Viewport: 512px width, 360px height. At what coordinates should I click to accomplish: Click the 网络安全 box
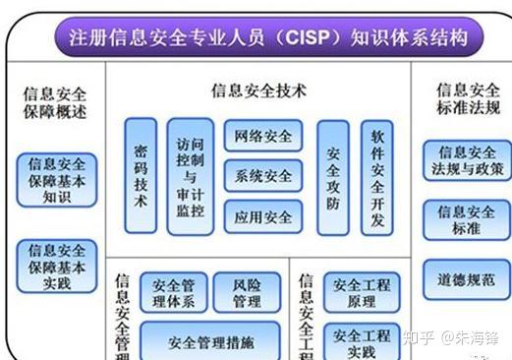click(x=263, y=136)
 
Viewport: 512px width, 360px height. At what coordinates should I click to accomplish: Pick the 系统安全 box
click(x=263, y=176)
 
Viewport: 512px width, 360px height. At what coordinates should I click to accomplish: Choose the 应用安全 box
click(x=263, y=216)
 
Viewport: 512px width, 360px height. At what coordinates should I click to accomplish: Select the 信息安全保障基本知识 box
click(x=57, y=179)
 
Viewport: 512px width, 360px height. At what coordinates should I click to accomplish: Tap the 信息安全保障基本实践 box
click(x=57, y=266)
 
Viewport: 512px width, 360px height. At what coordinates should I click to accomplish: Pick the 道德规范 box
click(x=467, y=278)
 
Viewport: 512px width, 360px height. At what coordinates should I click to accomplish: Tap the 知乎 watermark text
click(x=419, y=338)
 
